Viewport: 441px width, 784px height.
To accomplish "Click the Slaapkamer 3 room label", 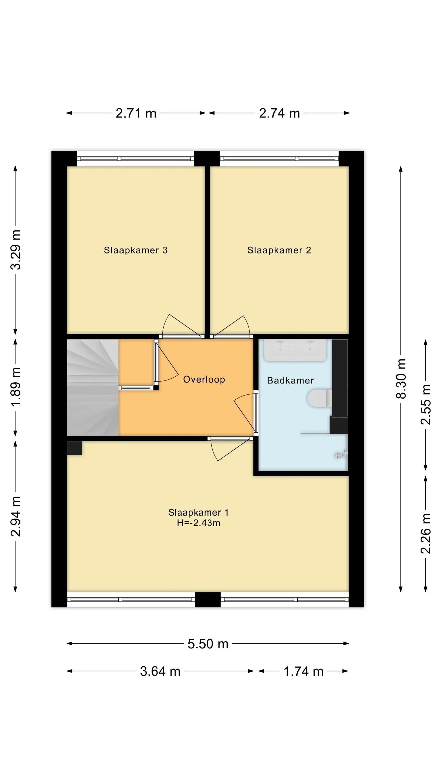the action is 136,250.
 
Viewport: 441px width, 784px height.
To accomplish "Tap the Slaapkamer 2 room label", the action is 279,250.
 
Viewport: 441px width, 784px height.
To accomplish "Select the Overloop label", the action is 204,379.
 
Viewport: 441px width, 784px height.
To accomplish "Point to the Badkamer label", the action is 290,381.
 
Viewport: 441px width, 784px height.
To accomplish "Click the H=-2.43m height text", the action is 199,523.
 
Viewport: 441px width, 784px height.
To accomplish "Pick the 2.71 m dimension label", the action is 136,113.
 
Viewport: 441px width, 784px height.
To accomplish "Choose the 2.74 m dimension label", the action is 279,113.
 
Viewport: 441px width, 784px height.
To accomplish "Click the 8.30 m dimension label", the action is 401,379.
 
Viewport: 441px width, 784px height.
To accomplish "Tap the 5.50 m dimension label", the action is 208,644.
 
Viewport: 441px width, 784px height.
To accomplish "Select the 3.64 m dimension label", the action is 160,671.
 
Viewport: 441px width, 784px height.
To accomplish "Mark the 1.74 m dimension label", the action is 303,671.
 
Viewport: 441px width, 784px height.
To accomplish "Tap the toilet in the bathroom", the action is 320,398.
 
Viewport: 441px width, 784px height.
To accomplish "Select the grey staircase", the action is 92,388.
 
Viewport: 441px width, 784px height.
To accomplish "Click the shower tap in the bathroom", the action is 341,455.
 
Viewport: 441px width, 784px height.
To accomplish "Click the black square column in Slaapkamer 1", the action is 74,448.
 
